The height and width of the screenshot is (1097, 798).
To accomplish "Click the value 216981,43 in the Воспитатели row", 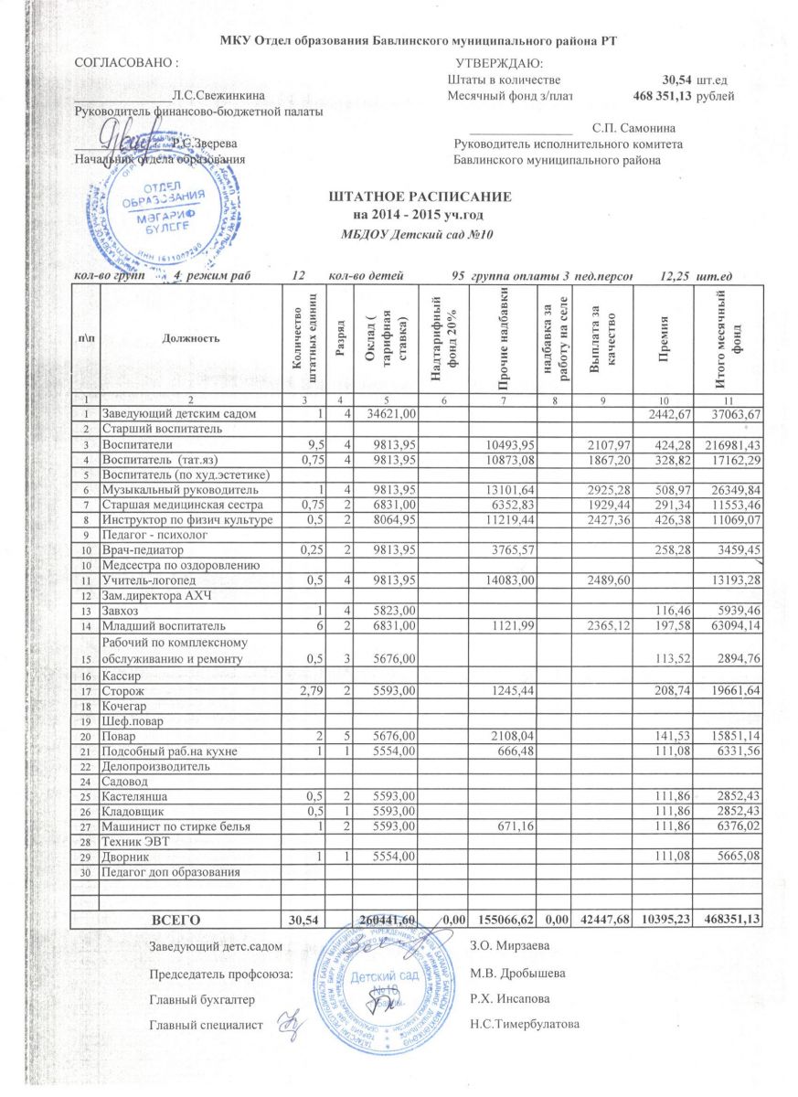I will (729, 445).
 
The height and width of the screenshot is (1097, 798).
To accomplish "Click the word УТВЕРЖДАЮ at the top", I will (498, 63).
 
